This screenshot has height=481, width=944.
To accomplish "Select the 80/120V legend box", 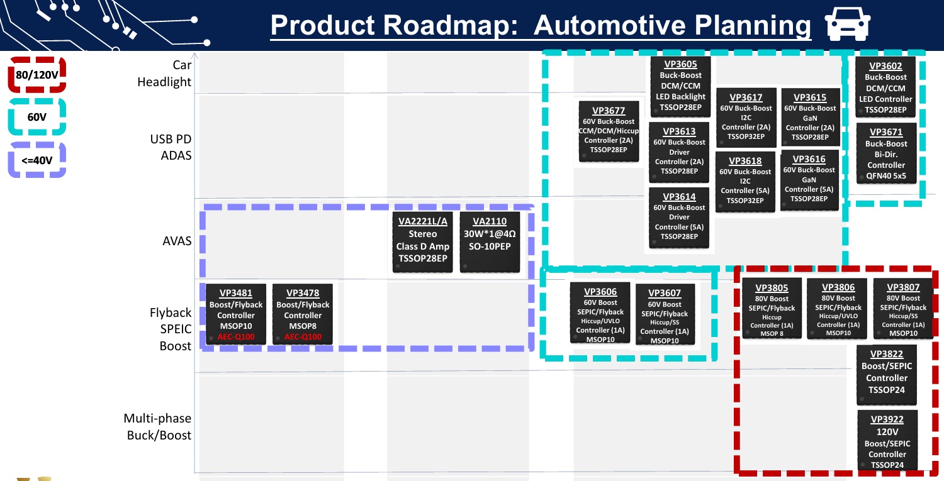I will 37,75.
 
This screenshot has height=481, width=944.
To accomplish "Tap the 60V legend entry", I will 37,117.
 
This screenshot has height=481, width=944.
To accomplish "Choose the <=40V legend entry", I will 37,160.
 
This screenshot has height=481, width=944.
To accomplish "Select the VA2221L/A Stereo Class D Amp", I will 423,241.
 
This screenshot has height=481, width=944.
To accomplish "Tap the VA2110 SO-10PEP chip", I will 490,241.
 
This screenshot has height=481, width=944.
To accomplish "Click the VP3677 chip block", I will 609,131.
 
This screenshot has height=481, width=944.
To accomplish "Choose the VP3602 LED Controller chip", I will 885,88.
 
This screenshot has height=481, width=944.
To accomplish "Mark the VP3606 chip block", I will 600,312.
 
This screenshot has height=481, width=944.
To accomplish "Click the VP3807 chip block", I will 903,309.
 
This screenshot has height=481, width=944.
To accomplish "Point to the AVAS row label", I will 177,241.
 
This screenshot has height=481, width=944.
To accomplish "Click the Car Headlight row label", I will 164,74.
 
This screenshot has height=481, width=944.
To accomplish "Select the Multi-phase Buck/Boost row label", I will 157,427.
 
